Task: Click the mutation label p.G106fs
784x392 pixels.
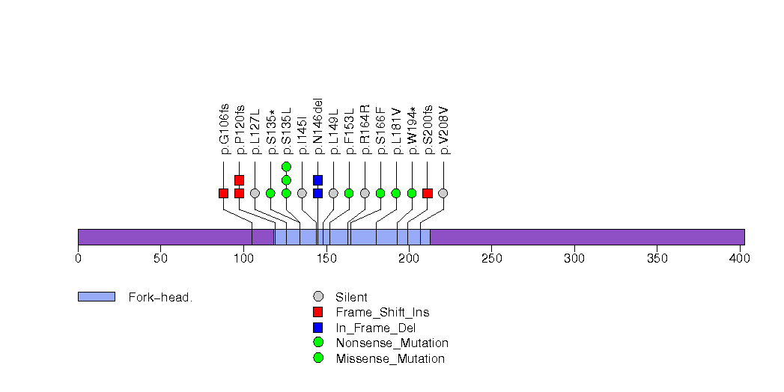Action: (224, 129)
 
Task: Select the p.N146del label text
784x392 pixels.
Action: (317, 126)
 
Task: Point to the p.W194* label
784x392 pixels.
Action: (412, 130)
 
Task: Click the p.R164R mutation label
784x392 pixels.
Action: (365, 129)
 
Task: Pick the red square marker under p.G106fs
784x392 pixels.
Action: (223, 193)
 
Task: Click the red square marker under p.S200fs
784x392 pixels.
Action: (428, 193)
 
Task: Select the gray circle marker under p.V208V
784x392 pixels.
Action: (443, 193)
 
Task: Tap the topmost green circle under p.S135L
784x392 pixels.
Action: (286, 166)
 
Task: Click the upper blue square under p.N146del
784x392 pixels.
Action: (317, 180)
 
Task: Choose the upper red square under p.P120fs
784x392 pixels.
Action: (239, 180)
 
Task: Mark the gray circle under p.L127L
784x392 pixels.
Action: (255, 193)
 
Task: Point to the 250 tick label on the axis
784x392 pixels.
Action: (491, 259)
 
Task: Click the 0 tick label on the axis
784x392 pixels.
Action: (78, 259)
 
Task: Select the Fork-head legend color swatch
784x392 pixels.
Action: (96, 297)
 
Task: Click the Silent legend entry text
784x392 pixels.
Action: (351, 297)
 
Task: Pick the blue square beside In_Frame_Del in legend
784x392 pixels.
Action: (318, 328)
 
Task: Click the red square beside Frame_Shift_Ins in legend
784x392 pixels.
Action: (318, 312)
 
